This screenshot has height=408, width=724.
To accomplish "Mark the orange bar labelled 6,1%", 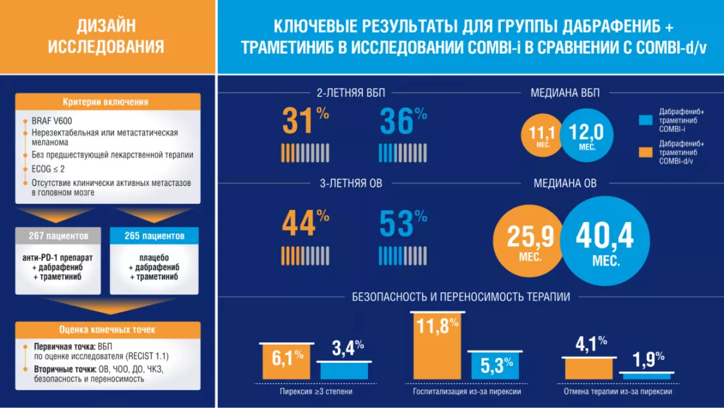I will coord(285,361).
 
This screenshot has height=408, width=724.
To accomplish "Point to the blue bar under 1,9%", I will coord(646,376).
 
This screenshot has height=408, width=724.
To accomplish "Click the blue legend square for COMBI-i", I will coord(646,120).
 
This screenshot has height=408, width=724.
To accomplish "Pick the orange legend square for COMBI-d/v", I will coord(646,152).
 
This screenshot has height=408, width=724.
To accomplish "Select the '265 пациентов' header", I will coord(154,236).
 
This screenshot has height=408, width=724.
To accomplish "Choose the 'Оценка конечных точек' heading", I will coord(107,329).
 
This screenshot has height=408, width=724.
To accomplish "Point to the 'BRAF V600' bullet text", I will coord(50,121).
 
